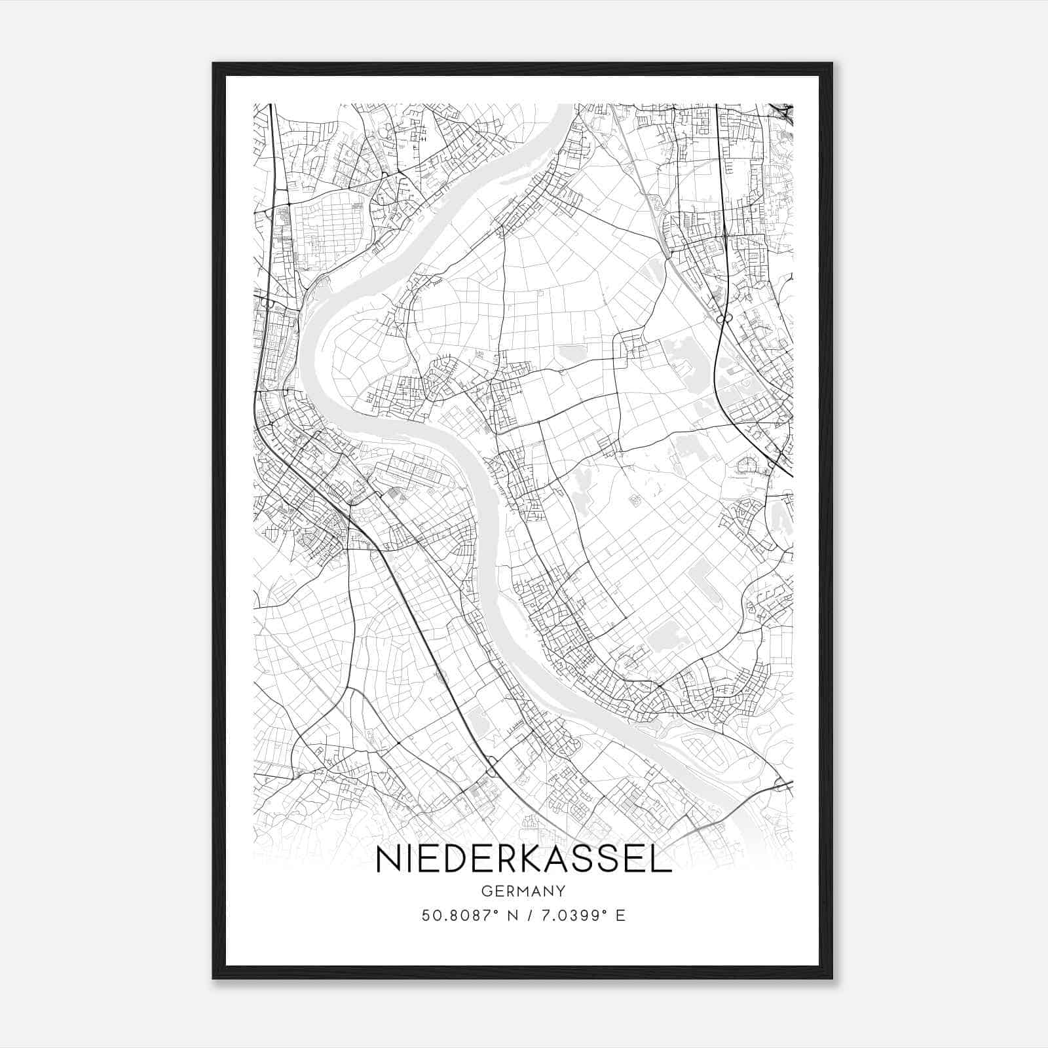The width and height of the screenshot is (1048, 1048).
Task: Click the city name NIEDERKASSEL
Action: click(x=523, y=860)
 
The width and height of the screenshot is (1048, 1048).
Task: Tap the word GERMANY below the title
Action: click(x=523, y=891)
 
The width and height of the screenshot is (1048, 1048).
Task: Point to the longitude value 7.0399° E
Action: click(x=576, y=916)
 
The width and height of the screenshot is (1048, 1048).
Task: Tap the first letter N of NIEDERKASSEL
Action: click(x=387, y=860)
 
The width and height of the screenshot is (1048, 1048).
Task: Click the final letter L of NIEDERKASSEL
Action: click(x=663, y=860)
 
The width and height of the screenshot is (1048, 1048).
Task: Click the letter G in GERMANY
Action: click(x=486, y=891)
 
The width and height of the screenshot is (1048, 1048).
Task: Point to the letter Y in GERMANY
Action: click(x=561, y=891)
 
